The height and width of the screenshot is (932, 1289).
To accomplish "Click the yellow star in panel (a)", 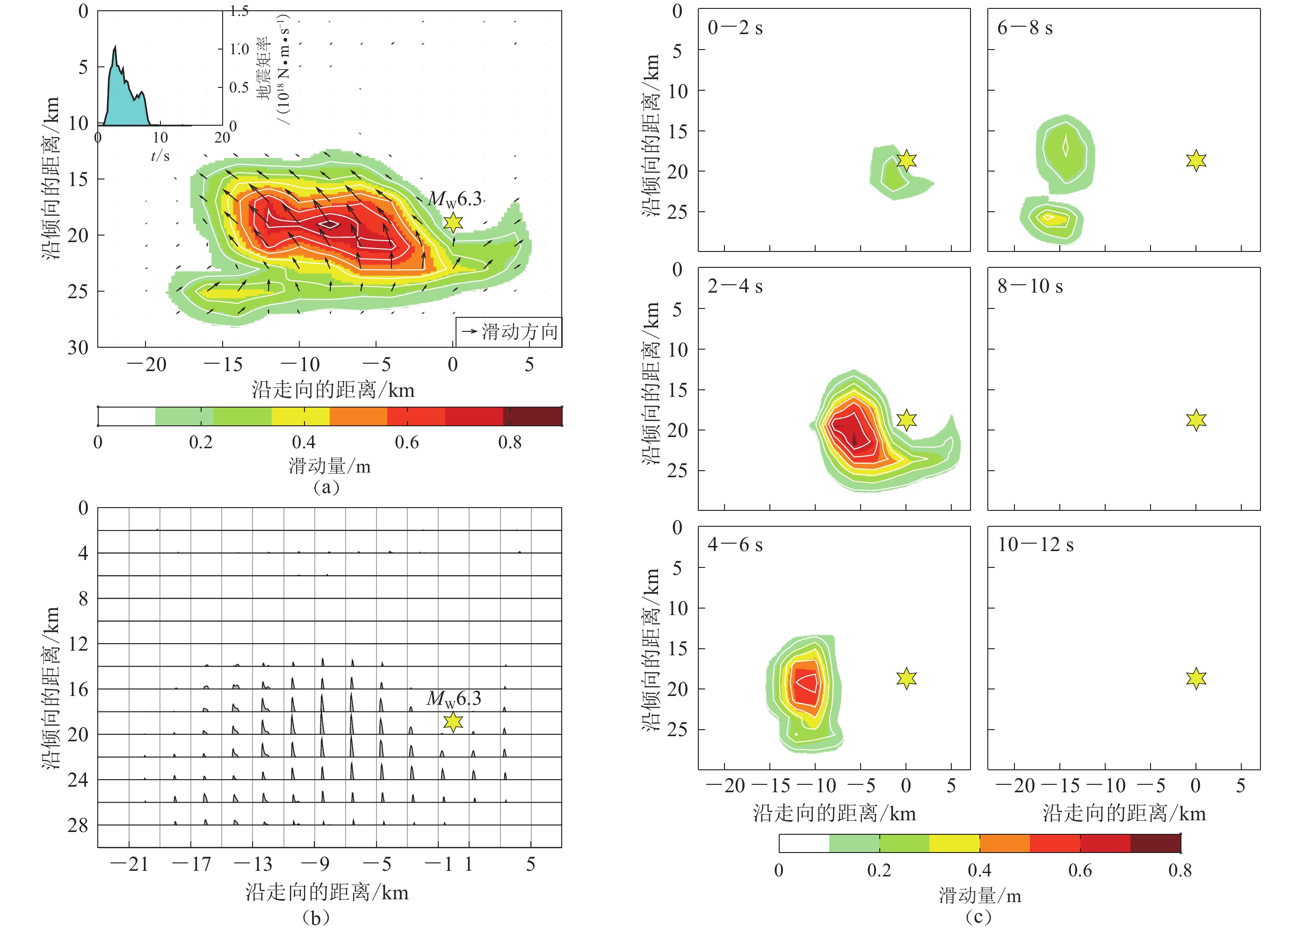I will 453,222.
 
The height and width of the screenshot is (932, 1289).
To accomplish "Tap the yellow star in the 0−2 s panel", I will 906,161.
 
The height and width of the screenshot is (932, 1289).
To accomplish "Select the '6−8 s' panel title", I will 1025,28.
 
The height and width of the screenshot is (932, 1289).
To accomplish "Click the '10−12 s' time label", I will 1036,545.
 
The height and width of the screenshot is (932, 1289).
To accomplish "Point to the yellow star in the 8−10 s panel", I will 1196,420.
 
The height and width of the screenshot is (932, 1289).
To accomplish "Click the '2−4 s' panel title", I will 735,286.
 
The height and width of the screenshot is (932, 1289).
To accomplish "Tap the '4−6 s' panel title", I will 735,545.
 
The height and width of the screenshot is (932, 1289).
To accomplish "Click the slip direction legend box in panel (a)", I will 509,332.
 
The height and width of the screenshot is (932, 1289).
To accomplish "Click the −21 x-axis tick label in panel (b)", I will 130,864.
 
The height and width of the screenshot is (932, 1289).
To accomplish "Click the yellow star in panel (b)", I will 453,722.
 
